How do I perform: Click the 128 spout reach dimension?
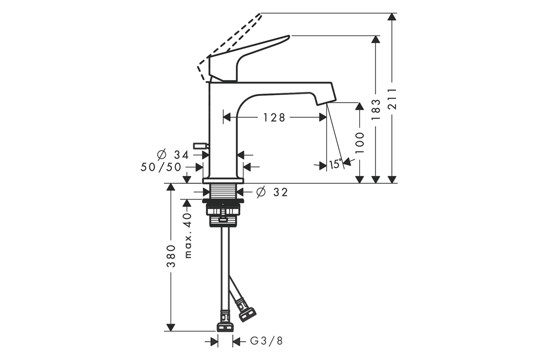click(x=274, y=118)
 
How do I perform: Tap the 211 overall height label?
click(x=392, y=99)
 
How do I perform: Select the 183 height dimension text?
click(x=376, y=109)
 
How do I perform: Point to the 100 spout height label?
click(x=359, y=143)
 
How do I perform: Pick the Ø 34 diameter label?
click(x=173, y=155)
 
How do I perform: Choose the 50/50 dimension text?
click(x=161, y=168)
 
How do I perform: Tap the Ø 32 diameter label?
click(x=272, y=192)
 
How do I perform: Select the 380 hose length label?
click(x=171, y=256)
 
